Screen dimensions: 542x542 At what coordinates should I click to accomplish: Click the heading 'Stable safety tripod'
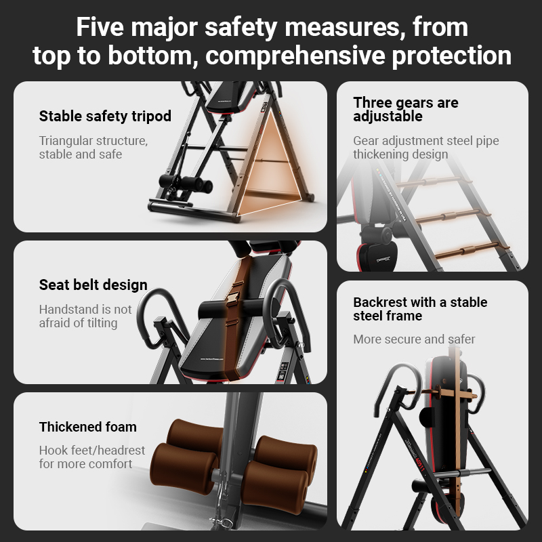[x=105, y=116]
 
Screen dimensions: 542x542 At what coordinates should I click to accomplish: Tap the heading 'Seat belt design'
[x=93, y=285]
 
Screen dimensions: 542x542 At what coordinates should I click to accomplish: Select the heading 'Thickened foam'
[x=88, y=427]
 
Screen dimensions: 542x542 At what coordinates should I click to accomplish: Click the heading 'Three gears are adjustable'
[x=406, y=109]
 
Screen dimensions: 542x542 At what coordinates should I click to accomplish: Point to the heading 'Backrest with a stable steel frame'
[x=420, y=309]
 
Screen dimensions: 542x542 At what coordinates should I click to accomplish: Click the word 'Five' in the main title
[x=100, y=26]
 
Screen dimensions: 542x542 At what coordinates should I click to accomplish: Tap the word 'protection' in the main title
[x=451, y=56]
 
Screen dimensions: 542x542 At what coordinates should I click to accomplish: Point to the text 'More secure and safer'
[x=414, y=339]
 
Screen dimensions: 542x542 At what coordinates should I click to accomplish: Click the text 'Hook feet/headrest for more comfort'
[x=92, y=457]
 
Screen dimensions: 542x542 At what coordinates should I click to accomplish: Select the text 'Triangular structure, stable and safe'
[x=93, y=147]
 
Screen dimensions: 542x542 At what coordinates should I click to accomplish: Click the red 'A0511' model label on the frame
[x=419, y=464]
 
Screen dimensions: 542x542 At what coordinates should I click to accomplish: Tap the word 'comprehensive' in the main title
[x=295, y=56]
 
